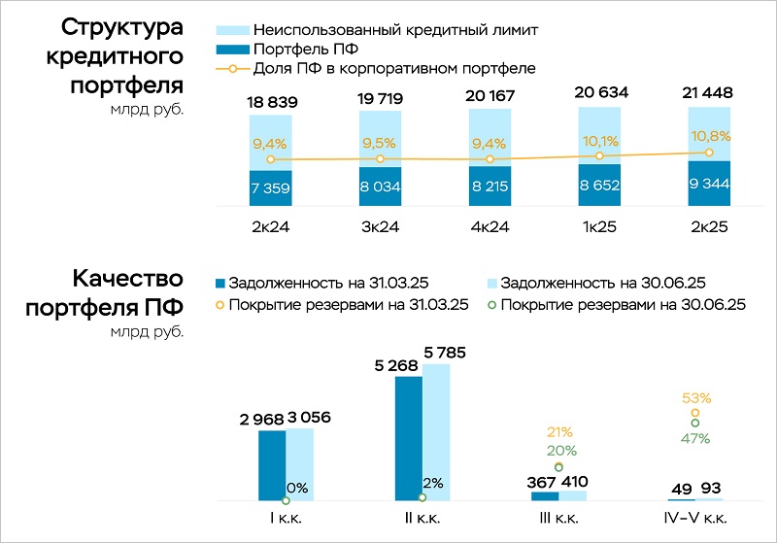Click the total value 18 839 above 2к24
[x=269, y=102]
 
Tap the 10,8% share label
[x=709, y=133]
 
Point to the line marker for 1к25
[x=600, y=155]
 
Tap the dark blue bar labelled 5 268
[x=409, y=437]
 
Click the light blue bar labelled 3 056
[x=300, y=464]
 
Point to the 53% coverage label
[x=696, y=397]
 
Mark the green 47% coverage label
[x=694, y=438]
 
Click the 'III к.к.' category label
[x=558, y=518]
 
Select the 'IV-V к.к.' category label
[x=695, y=518]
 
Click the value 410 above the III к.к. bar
[x=572, y=481]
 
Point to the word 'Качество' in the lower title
[x=127, y=280]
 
